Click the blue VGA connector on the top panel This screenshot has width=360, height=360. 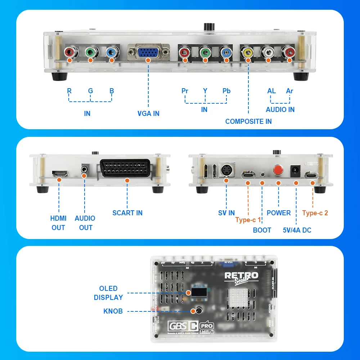[x=148, y=53]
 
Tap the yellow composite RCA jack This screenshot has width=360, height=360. [x=248, y=53]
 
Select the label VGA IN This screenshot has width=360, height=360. [x=148, y=113]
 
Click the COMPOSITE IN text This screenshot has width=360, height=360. [x=248, y=121]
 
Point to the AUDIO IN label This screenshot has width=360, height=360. [x=280, y=109]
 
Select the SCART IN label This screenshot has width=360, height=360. [x=127, y=213]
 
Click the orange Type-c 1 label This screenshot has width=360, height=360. [x=248, y=220]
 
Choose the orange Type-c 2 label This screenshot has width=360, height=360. [x=315, y=213]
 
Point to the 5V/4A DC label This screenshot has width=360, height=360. [x=297, y=230]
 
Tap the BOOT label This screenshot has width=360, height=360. [x=262, y=230]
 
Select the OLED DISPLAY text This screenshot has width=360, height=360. [x=108, y=293]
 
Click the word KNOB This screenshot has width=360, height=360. [x=113, y=311]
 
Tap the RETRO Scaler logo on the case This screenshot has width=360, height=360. [x=242, y=277]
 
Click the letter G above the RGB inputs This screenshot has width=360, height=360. [x=90, y=91]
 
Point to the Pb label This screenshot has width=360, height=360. [x=226, y=91]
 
